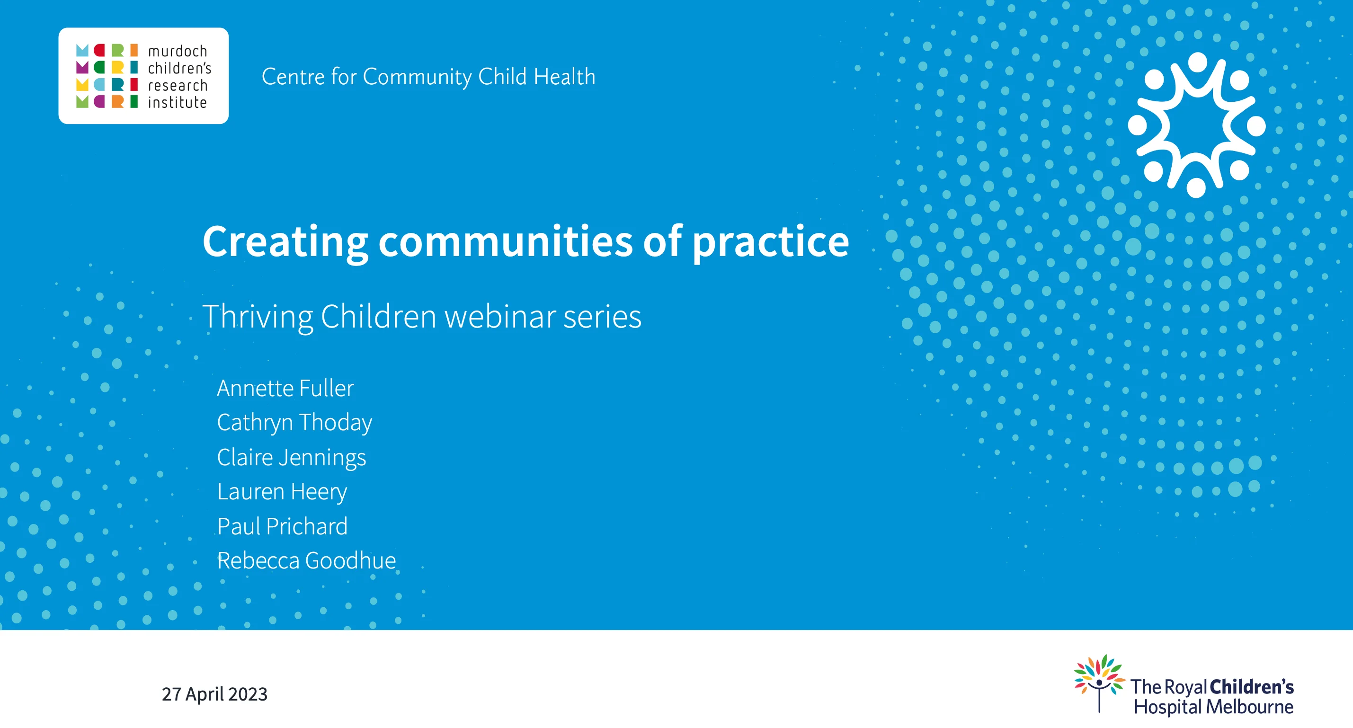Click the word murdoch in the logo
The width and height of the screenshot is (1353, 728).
point(178,52)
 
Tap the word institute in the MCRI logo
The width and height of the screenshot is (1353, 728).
point(178,102)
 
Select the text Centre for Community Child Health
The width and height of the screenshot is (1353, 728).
point(428,77)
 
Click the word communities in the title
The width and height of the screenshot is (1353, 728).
point(505,241)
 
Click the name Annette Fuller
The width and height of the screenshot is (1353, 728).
point(285,388)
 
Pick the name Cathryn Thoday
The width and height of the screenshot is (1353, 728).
point(294,423)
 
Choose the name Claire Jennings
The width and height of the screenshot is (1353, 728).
point(291,458)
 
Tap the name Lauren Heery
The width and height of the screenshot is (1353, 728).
point(282,492)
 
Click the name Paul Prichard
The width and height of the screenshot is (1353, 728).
point(282,526)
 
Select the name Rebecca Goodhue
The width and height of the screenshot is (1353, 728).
point(306,560)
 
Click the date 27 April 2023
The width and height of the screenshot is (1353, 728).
point(214,694)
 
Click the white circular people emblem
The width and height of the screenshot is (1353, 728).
point(1196,125)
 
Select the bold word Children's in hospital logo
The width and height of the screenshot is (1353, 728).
point(1252,686)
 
